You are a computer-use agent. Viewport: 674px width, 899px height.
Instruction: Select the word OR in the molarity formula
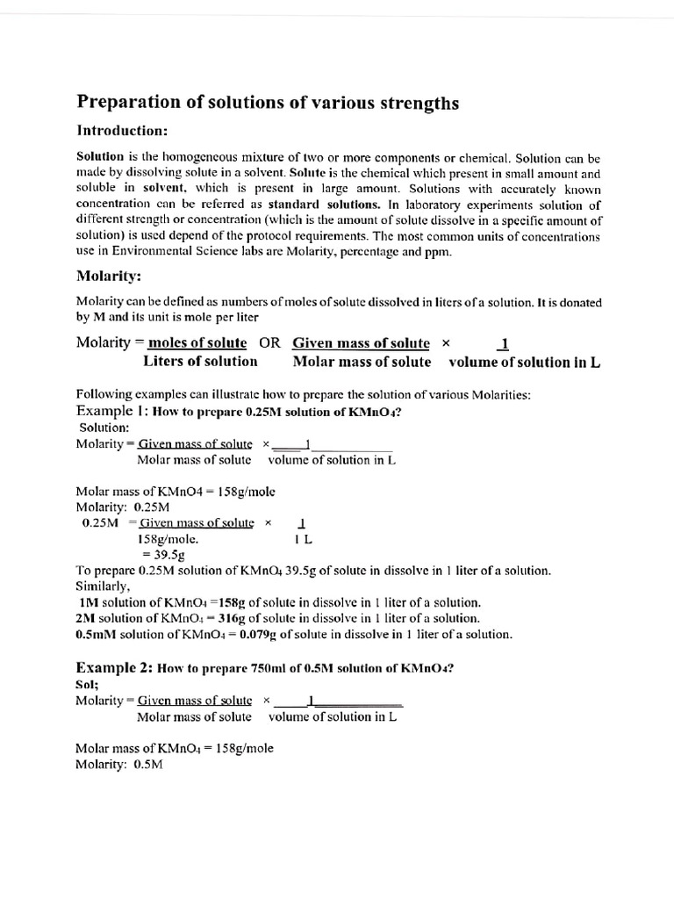tap(269, 343)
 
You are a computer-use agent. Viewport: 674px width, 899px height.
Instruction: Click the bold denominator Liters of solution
tap(200, 362)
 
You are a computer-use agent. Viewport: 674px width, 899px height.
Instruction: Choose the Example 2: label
tap(115, 667)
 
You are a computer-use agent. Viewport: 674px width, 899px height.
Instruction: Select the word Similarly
tap(104, 586)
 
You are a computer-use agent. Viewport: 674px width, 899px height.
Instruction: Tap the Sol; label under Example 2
tap(88, 684)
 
